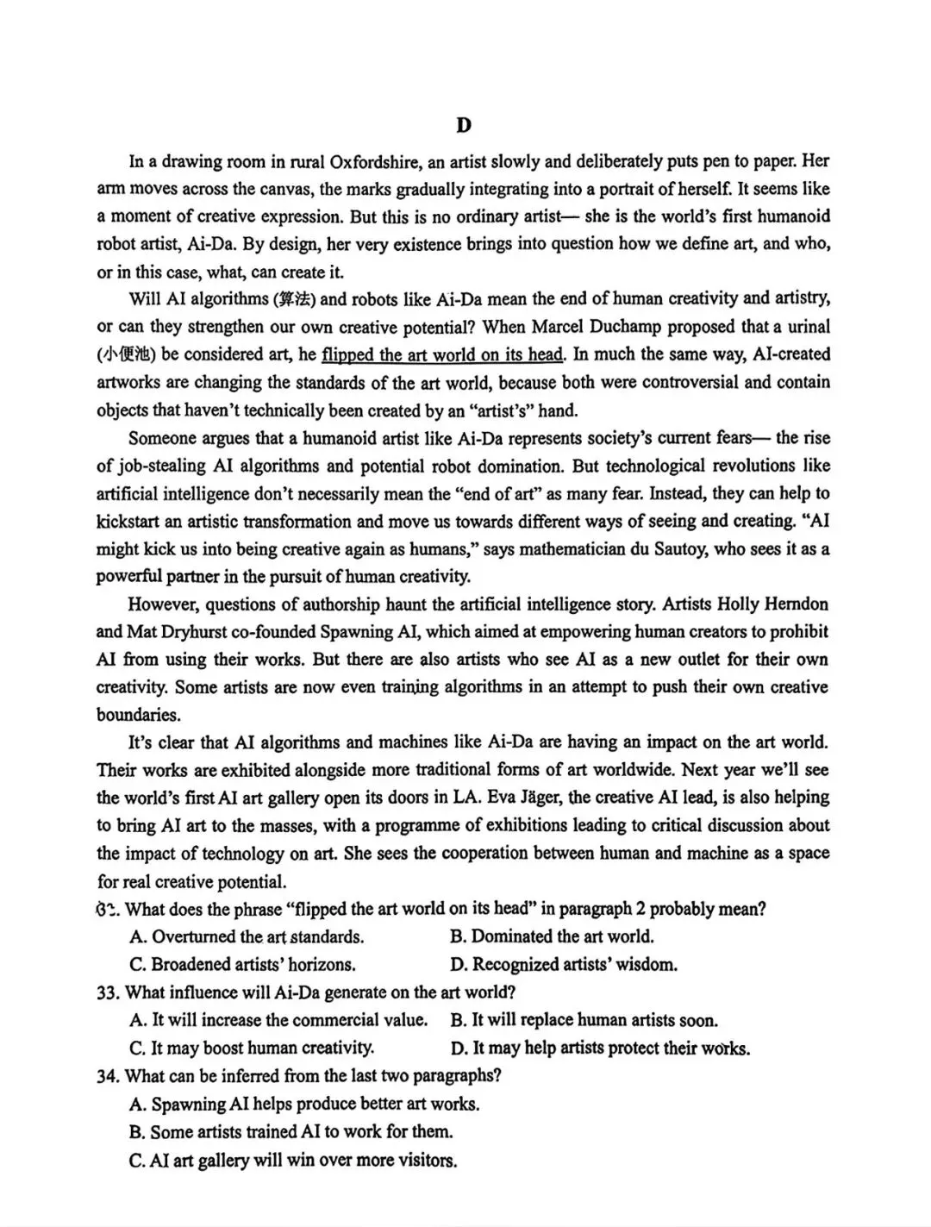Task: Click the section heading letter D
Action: point(464,126)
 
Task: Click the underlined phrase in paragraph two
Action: point(442,354)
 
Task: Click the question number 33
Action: point(108,992)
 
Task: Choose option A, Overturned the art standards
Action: point(247,937)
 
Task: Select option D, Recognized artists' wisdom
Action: point(563,965)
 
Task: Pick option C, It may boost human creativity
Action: point(252,1049)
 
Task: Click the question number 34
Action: point(108,1076)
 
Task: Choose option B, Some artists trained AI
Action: point(291,1132)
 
